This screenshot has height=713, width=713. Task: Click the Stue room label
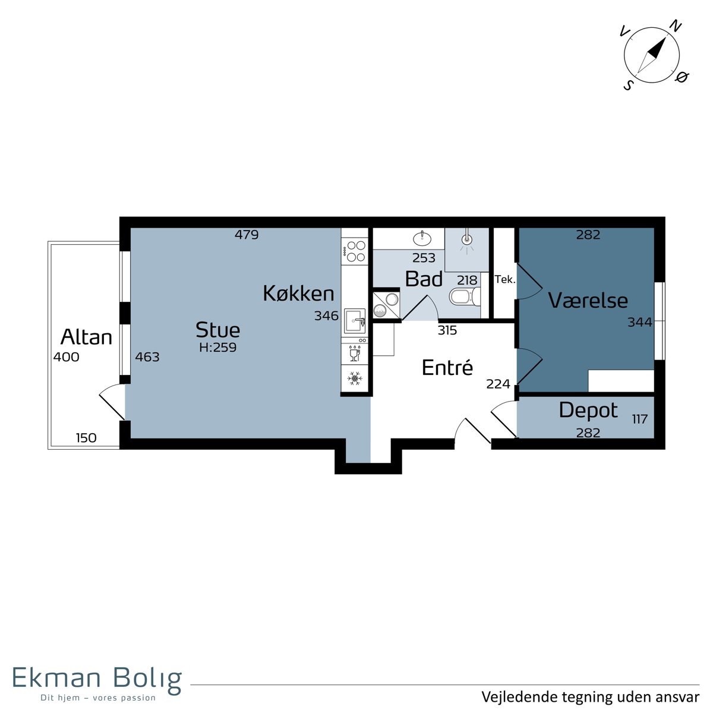(217, 330)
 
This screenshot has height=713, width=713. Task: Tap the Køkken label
(298, 294)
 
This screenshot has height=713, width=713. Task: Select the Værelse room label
(588, 300)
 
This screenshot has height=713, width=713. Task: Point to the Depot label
(588, 411)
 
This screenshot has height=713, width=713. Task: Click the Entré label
(447, 367)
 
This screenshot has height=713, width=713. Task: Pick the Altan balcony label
(86, 337)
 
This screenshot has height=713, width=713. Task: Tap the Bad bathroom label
(424, 279)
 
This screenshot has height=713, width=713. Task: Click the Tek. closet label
(505, 279)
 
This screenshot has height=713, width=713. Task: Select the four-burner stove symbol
(355, 251)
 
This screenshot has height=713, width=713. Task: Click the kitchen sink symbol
(355, 321)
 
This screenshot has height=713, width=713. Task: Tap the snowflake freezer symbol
(355, 378)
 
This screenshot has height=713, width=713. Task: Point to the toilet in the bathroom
(465, 296)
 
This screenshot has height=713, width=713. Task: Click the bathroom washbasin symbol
(422, 238)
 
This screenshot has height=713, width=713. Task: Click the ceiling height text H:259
(217, 348)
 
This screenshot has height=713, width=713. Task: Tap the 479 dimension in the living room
(247, 235)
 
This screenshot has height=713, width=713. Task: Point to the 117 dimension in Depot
(640, 419)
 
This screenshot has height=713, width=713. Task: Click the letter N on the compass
(676, 26)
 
